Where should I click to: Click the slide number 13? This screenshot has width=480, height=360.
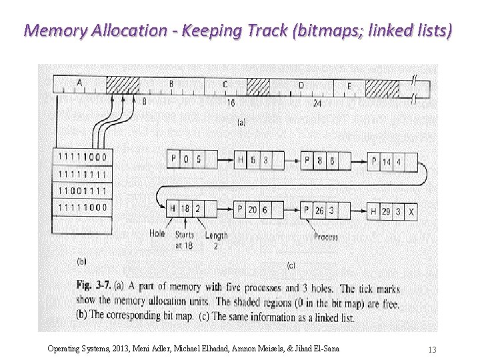(432, 349)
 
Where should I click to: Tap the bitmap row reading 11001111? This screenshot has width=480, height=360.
(83, 191)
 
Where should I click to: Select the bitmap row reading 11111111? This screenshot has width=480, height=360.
(83, 174)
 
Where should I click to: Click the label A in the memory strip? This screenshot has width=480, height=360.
(79, 83)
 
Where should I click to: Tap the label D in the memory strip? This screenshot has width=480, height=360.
(301, 85)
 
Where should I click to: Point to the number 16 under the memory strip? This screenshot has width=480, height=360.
(230, 103)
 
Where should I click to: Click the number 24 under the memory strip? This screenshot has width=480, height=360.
(317, 103)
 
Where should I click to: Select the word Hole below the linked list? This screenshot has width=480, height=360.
(157, 233)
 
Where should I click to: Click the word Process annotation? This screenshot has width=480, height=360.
(327, 237)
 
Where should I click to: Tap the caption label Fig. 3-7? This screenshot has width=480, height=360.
(95, 286)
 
